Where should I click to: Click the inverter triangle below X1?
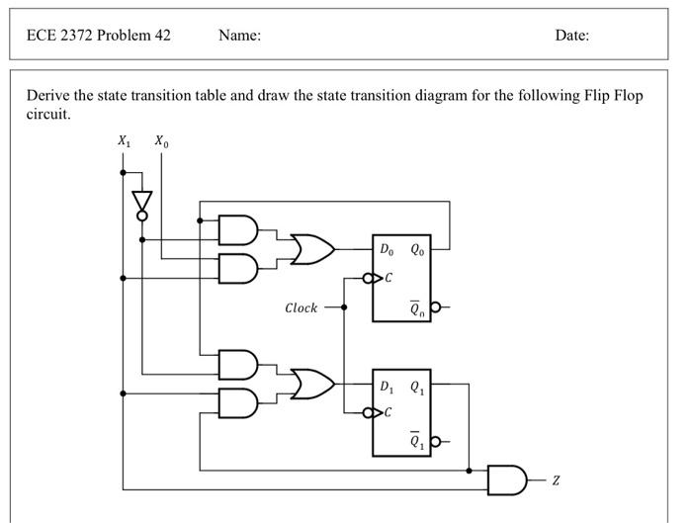[x=142, y=201]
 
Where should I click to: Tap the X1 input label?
[x=123, y=142]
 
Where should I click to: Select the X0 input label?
[x=161, y=142]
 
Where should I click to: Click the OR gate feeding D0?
[x=311, y=249]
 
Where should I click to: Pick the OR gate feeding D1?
[x=311, y=384]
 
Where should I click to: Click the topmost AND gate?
[x=237, y=230]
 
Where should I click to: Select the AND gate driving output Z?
[x=508, y=479]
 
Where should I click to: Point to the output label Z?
[x=556, y=479]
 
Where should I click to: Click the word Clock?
[x=301, y=307]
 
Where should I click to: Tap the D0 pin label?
[x=386, y=249]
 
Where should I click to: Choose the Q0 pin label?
[x=419, y=249]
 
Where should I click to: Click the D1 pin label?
[x=386, y=386]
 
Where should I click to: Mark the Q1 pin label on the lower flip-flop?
[x=419, y=386]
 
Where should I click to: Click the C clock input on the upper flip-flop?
[x=389, y=278]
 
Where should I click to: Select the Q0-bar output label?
[x=419, y=308]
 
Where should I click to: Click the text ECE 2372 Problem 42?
[x=99, y=35]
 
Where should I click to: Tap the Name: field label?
[x=239, y=35]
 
